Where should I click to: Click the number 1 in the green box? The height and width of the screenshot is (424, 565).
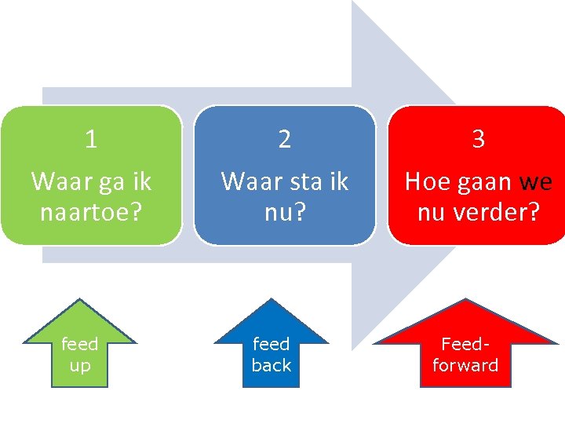pos(91,140)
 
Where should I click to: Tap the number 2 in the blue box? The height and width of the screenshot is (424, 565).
pos(285,140)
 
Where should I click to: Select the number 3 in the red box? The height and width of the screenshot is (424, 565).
pos(478,140)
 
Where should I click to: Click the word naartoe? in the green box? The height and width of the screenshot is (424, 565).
pos(91,211)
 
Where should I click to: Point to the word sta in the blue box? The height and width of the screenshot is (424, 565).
pos(297,181)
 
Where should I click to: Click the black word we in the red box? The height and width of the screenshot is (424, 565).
pos(536,182)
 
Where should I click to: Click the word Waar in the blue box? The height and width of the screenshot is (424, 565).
pos(244,181)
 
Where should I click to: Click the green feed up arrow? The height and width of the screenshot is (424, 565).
pos(79,349)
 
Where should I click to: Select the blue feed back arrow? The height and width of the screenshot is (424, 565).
pos(271,349)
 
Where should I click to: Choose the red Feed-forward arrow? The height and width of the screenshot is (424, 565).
pos(465,349)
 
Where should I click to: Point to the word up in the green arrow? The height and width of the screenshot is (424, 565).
pos(80,366)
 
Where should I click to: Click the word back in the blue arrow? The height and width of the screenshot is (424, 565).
pos(272,366)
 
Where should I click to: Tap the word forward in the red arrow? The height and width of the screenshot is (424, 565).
pos(465,366)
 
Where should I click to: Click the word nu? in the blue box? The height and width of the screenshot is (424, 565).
pos(285,211)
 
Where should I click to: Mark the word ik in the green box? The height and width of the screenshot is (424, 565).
pos(141,181)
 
